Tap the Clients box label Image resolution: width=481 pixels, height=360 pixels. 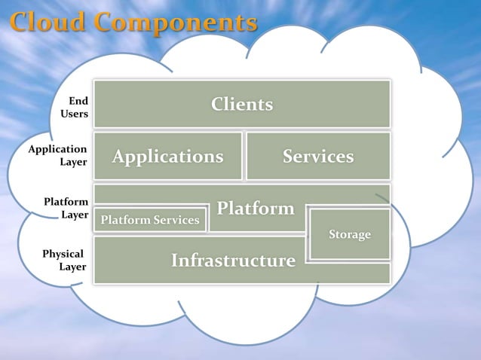point(242,104)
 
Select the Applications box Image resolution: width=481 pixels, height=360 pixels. point(167,157)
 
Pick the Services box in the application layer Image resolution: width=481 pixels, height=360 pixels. point(318,157)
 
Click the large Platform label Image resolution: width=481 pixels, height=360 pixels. point(256,208)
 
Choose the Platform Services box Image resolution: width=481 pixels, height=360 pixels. point(150,220)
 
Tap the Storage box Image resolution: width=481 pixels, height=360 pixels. point(350,234)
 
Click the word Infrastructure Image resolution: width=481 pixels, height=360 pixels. point(233,261)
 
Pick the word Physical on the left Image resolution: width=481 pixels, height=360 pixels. point(63,254)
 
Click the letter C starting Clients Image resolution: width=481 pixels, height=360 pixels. point(217,104)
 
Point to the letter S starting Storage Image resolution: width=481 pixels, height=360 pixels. point(332,234)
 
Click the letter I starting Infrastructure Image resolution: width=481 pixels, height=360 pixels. point(174,261)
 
